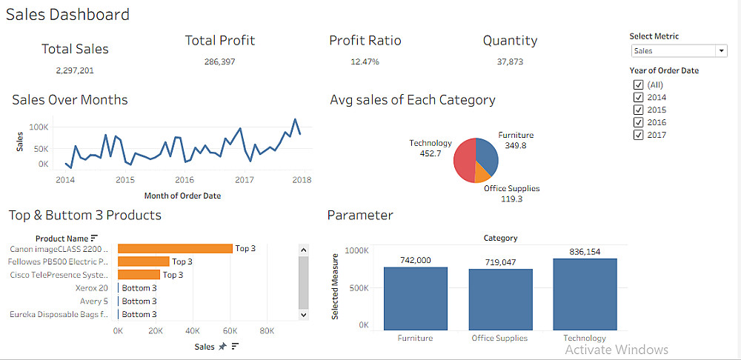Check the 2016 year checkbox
click(x=638, y=122)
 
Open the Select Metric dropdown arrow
click(x=721, y=51)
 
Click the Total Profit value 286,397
click(x=219, y=61)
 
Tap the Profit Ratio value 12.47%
click(x=365, y=61)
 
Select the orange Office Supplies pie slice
click(x=482, y=172)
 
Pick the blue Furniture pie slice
click(x=487, y=152)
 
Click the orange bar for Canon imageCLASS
click(x=175, y=249)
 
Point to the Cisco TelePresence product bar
click(x=139, y=275)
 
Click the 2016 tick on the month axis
click(x=185, y=180)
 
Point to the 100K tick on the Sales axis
click(x=38, y=127)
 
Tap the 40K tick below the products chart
click(x=193, y=331)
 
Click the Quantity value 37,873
click(x=510, y=61)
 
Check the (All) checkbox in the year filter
click(x=638, y=84)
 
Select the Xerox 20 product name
click(x=93, y=288)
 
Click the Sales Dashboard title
click(x=67, y=14)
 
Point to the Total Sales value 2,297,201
click(x=75, y=70)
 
